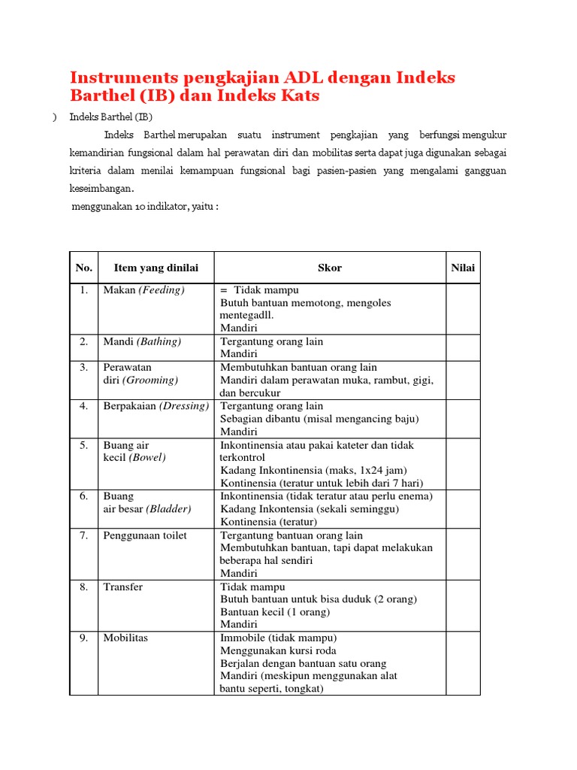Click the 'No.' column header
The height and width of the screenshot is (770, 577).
[84, 268]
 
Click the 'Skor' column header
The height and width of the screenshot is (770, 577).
[330, 268]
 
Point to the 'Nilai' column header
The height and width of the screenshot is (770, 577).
[463, 268]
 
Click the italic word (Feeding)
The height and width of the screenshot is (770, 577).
[161, 290]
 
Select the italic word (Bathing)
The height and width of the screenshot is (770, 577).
[159, 341]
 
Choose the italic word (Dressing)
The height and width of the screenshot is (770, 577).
[185, 406]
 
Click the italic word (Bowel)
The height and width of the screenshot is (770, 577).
[148, 457]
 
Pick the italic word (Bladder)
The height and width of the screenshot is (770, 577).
[168, 509]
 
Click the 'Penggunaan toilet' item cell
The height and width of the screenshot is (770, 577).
[145, 535]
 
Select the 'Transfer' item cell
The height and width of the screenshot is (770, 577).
[122, 587]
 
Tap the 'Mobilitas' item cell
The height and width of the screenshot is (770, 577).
[125, 638]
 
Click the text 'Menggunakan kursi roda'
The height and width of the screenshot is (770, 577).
[278, 650]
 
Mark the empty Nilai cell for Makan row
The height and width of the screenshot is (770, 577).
[463, 308]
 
